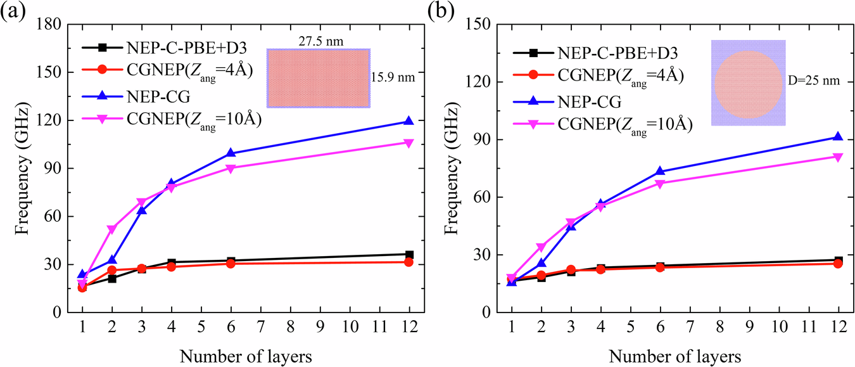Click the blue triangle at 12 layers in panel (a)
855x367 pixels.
tap(409, 121)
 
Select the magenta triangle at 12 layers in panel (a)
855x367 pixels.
tap(409, 143)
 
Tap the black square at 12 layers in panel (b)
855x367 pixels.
tap(838, 261)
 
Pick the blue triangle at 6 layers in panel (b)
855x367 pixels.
tap(660, 171)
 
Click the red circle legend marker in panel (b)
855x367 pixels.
tap(534, 75)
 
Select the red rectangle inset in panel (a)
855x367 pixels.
tap(318, 77)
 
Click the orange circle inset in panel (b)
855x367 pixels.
tap(748, 84)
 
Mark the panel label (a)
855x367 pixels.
tap(13, 13)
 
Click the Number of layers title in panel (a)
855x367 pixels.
tap(245, 355)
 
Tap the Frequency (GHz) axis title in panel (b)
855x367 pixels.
tap(452, 169)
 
